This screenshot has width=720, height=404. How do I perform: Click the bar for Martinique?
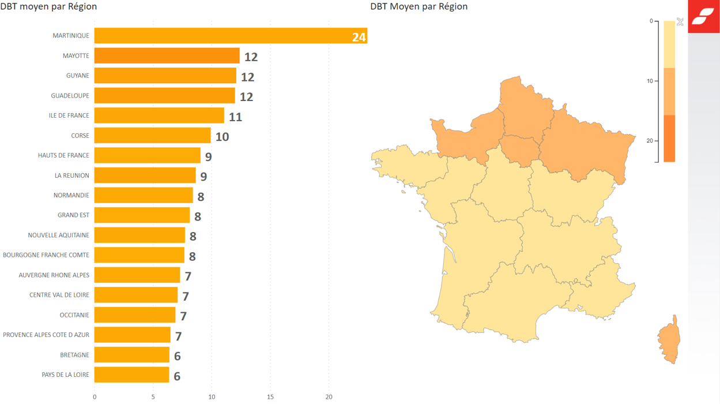coord(219,36)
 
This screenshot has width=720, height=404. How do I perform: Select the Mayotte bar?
coord(167,56)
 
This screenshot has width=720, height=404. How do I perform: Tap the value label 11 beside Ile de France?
coord(235,117)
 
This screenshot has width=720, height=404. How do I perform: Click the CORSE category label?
coord(80,136)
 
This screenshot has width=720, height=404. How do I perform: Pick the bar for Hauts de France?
coord(147,155)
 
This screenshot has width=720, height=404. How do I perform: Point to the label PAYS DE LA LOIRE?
coord(66,375)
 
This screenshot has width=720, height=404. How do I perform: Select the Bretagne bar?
coord(131,355)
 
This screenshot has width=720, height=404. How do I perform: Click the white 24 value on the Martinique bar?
coord(359,38)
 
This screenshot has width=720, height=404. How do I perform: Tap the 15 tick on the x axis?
coord(270,397)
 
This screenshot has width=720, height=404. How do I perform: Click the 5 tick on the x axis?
coord(153,397)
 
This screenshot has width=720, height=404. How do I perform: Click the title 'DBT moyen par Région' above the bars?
coord(48,6)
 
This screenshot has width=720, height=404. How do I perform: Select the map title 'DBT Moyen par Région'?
coord(419,6)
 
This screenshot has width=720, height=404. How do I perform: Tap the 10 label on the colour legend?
coord(650,81)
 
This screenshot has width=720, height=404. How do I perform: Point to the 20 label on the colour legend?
coord(650,141)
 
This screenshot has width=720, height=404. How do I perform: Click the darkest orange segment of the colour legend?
coord(669,139)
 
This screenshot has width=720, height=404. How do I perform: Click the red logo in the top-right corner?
coord(703,16)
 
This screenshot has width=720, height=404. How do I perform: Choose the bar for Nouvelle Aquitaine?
coord(140,235)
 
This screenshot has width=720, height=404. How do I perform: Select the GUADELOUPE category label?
coord(70,96)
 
